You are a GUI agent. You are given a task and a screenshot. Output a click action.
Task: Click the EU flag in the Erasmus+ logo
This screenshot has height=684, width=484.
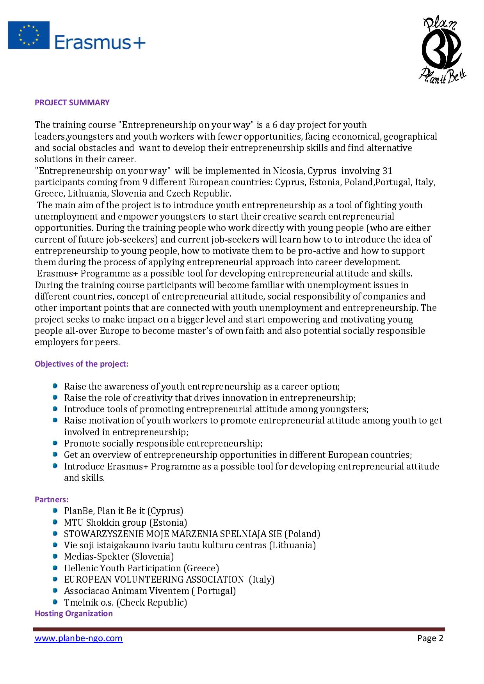[x=29, y=35]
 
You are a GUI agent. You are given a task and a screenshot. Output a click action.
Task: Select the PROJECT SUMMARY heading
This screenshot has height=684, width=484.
[x=72, y=103]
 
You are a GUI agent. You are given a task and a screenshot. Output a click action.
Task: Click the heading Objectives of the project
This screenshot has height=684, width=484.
[x=82, y=364]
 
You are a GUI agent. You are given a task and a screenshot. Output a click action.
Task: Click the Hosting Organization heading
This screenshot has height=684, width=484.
[x=74, y=613]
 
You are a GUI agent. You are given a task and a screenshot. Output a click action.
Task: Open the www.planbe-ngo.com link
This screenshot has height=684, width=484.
[x=78, y=638]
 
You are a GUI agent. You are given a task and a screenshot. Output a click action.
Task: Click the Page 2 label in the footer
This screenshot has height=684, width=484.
[x=430, y=638]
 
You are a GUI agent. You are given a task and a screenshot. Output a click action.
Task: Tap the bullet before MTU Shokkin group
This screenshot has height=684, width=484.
[x=55, y=522]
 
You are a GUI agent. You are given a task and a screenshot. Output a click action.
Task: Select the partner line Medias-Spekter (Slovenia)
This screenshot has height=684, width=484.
[x=119, y=556]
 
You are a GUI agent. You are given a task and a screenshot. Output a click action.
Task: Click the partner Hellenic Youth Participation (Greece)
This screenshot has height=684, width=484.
[x=141, y=568]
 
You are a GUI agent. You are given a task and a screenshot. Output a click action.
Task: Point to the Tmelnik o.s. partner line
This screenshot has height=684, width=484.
[x=125, y=602]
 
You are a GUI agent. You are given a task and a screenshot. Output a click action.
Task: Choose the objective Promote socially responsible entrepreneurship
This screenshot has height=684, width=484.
[x=163, y=443]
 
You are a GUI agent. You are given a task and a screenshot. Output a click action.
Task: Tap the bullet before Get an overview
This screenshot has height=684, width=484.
[x=55, y=455]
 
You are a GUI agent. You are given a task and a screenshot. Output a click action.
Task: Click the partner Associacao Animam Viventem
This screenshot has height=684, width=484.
[x=150, y=591]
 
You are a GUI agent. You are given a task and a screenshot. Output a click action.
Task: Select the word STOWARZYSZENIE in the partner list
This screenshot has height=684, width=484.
[x=103, y=534]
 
